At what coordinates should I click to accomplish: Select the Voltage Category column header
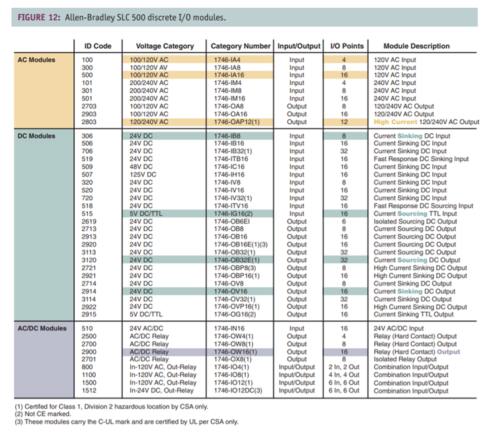(165, 46)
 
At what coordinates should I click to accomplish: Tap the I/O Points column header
(347, 46)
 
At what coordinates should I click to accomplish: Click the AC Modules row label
(36, 59)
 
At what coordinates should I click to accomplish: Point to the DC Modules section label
(36, 136)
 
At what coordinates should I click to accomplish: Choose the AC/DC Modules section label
(41, 328)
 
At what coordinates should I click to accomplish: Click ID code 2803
(87, 122)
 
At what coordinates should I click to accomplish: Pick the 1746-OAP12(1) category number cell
(237, 122)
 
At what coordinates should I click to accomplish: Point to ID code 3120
(87, 260)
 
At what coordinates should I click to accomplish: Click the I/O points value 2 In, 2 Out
(344, 368)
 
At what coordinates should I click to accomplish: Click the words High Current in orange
(393, 122)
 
